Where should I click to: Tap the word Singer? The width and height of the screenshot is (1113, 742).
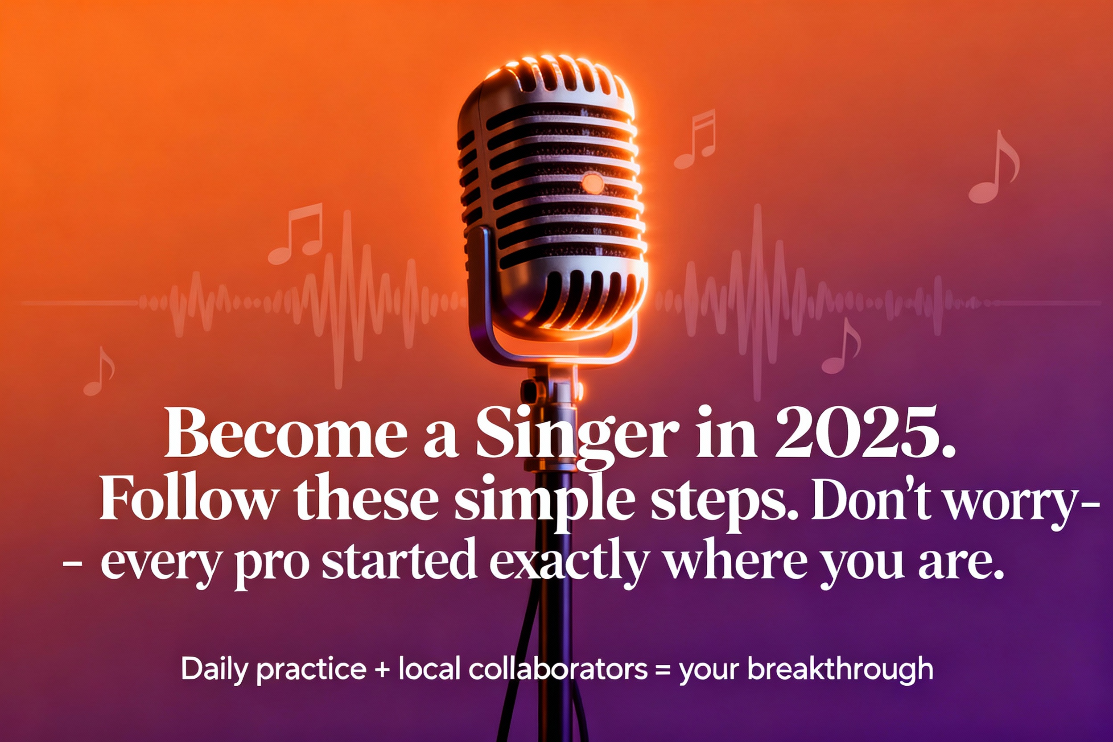click(578, 438)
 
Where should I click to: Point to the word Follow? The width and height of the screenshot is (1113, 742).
click(188, 497)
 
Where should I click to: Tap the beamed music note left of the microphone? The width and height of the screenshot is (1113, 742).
click(295, 234)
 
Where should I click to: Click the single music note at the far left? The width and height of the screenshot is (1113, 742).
click(99, 371)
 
